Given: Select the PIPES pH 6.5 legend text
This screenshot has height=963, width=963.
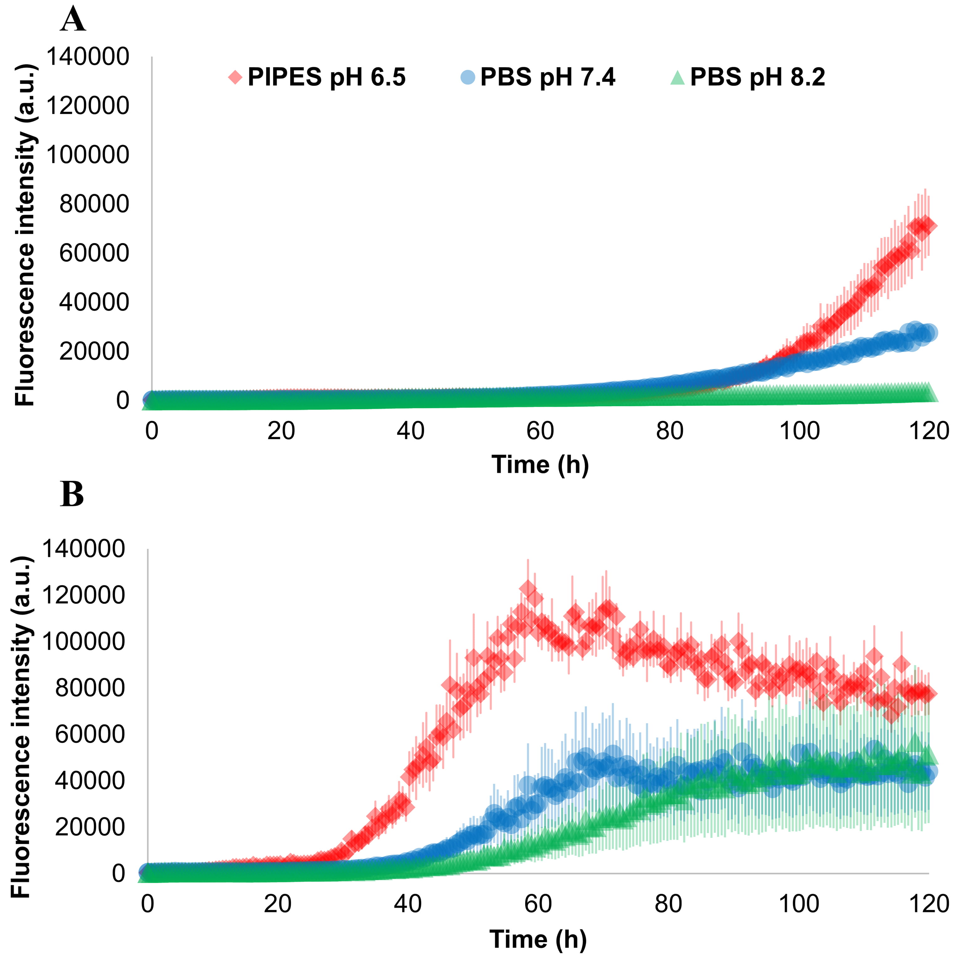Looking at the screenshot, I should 326,77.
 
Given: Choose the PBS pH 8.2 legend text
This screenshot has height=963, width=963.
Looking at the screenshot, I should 758,77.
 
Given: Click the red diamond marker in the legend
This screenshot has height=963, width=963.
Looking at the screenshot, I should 235,77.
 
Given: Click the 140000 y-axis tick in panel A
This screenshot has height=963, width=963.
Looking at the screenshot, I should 88,56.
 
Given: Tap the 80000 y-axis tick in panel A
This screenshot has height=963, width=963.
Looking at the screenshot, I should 94,204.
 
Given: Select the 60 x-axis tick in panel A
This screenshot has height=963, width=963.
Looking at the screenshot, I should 540,431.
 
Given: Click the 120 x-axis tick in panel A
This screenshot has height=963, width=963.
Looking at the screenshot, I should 929,431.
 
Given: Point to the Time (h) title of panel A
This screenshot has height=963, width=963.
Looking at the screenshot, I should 540,464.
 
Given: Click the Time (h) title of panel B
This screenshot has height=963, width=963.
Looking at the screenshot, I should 538,939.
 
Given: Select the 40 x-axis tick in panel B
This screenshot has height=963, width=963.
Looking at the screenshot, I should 408,904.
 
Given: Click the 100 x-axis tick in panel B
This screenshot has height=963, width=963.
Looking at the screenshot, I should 798,904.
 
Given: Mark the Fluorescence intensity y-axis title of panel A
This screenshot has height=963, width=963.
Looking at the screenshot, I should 25,234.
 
